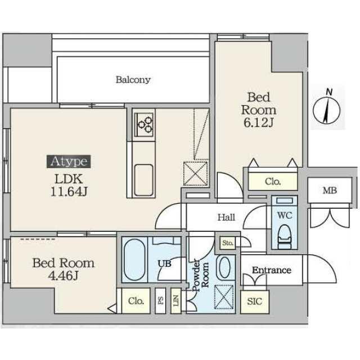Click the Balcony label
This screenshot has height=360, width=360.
point(133,79)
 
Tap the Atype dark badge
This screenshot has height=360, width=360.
point(69,162)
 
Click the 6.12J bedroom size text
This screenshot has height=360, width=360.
point(259,123)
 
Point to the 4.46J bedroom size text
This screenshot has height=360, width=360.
point(63,276)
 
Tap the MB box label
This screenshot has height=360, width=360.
point(330,191)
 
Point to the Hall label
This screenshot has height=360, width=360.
point(226,218)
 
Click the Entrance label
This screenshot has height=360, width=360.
point(271,270)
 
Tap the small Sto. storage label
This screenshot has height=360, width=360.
point(227,244)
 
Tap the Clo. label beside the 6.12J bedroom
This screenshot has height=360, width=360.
point(273,182)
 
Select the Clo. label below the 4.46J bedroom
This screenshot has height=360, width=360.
point(136,300)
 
